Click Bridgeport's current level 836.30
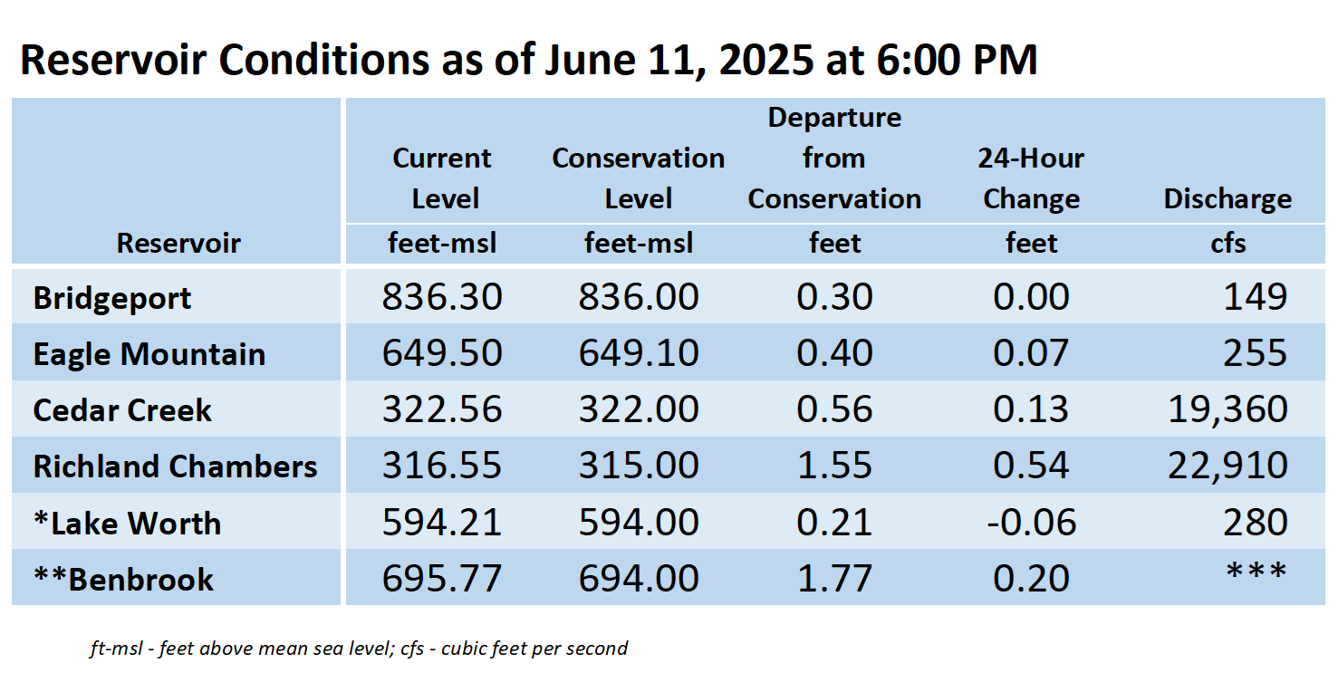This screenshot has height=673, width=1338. (442, 296)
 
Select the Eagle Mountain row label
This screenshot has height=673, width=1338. (149, 354)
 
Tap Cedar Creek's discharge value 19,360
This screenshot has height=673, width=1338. (1227, 409)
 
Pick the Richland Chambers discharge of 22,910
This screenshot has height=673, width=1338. (1227, 466)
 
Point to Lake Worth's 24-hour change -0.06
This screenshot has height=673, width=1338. (1032, 522)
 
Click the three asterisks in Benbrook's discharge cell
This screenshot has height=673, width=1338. (1256, 572)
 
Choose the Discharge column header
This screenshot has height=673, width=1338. (1227, 198)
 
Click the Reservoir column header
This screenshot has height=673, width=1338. (178, 243)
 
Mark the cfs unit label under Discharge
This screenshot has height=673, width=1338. (1228, 244)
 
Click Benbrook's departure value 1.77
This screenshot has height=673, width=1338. (834, 578)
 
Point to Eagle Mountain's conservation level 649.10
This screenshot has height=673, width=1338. (639, 352)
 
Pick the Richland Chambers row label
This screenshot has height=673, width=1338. (175, 466)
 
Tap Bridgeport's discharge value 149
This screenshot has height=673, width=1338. (1255, 296)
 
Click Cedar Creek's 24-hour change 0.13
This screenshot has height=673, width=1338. (1031, 409)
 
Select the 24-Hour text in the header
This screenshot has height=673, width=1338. (1031, 159)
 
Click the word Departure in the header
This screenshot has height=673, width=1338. (834, 119)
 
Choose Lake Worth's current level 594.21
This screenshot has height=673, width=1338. (442, 522)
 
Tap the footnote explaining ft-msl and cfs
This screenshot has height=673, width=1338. (359, 649)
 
